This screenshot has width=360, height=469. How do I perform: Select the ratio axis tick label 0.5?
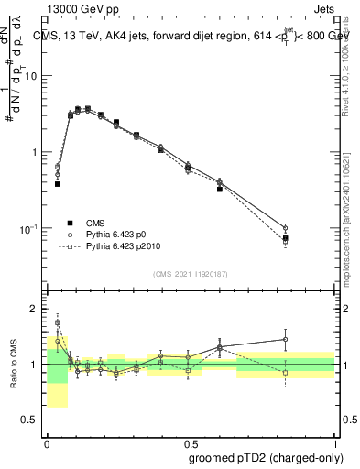(33, 420)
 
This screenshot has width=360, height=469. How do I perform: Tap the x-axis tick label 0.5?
(190, 442)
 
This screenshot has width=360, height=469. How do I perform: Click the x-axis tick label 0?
(47, 442)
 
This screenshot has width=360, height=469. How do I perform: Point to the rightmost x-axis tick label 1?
(333, 442)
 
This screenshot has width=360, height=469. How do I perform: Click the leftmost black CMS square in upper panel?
(58, 184)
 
